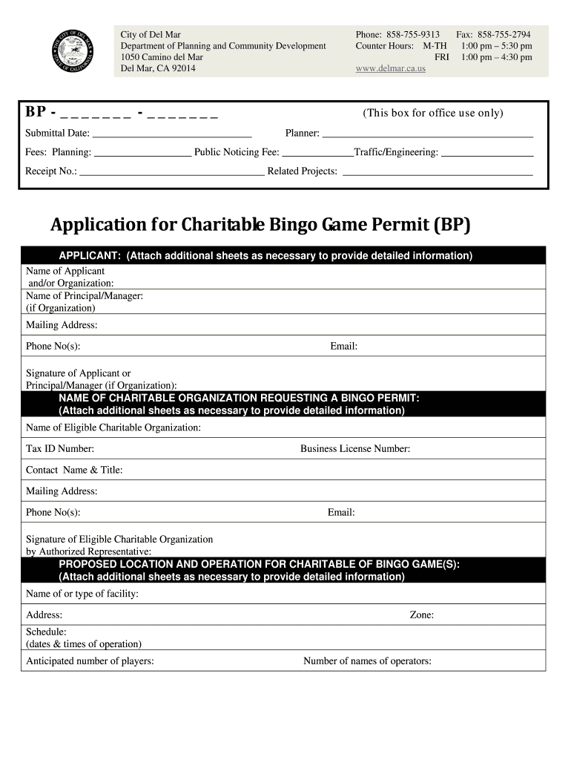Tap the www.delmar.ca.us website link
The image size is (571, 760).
click(390, 68)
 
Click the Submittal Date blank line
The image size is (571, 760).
click(172, 135)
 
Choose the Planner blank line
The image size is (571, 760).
click(428, 135)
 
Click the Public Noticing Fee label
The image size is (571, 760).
click(237, 152)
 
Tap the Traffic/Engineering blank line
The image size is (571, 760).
click(487, 154)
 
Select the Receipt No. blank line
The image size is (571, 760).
click(172, 173)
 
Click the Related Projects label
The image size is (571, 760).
click(302, 171)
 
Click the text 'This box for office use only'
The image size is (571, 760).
click(432, 113)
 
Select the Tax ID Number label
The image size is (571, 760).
click(60, 449)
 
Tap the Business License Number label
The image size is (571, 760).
click(354, 449)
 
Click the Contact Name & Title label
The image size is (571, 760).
click(74, 470)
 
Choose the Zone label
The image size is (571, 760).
click(421, 615)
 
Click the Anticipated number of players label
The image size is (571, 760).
click(90, 661)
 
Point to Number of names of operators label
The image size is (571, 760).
click(367, 661)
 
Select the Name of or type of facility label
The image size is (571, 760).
click(82, 594)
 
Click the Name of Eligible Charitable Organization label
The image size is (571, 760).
click(113, 427)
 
